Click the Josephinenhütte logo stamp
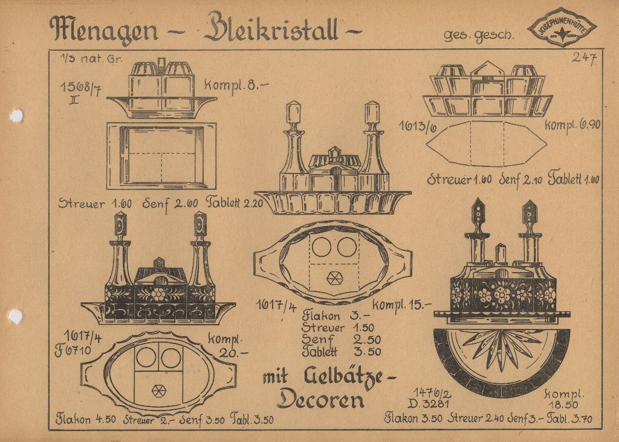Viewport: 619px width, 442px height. pyautogui.click(x=562, y=27)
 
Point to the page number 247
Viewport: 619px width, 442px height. pyautogui.click(x=585, y=58)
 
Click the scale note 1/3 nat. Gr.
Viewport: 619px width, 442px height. pyautogui.click(x=83, y=59)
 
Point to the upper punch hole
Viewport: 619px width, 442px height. pyautogui.click(x=16, y=115)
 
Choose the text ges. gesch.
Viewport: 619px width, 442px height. pyautogui.click(x=479, y=35)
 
